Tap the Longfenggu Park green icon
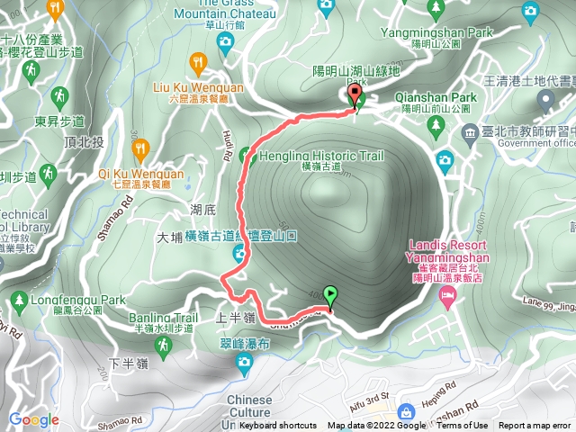pyautogui.click(x=17, y=300)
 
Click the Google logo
pyautogui.click(x=33, y=419)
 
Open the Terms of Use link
pyautogui.click(x=463, y=426)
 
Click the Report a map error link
pyautogui.click(x=536, y=426)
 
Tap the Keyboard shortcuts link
pyautogui.click(x=277, y=426)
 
